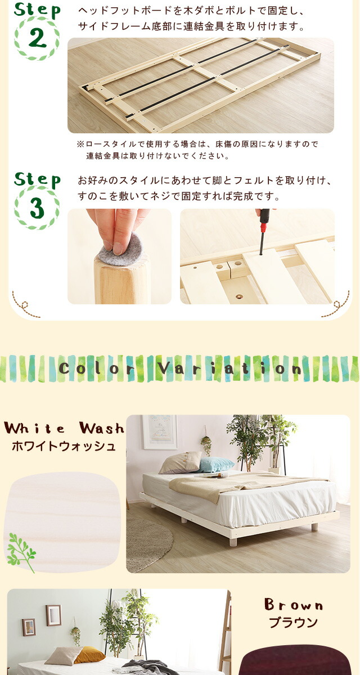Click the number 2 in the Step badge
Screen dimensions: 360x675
point(37,38)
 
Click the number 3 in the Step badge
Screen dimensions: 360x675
point(37,209)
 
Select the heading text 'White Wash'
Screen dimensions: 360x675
point(64,428)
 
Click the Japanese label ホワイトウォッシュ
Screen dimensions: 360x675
point(64,446)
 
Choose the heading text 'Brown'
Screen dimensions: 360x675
point(294,605)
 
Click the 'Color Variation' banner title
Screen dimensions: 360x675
point(180,368)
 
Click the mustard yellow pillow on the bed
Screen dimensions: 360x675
point(89,655)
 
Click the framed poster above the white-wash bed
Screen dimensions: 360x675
point(160,432)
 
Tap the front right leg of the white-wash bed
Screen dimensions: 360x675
point(314,526)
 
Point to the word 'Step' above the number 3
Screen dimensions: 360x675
point(37,180)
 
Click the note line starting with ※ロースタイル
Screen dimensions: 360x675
point(198,144)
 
